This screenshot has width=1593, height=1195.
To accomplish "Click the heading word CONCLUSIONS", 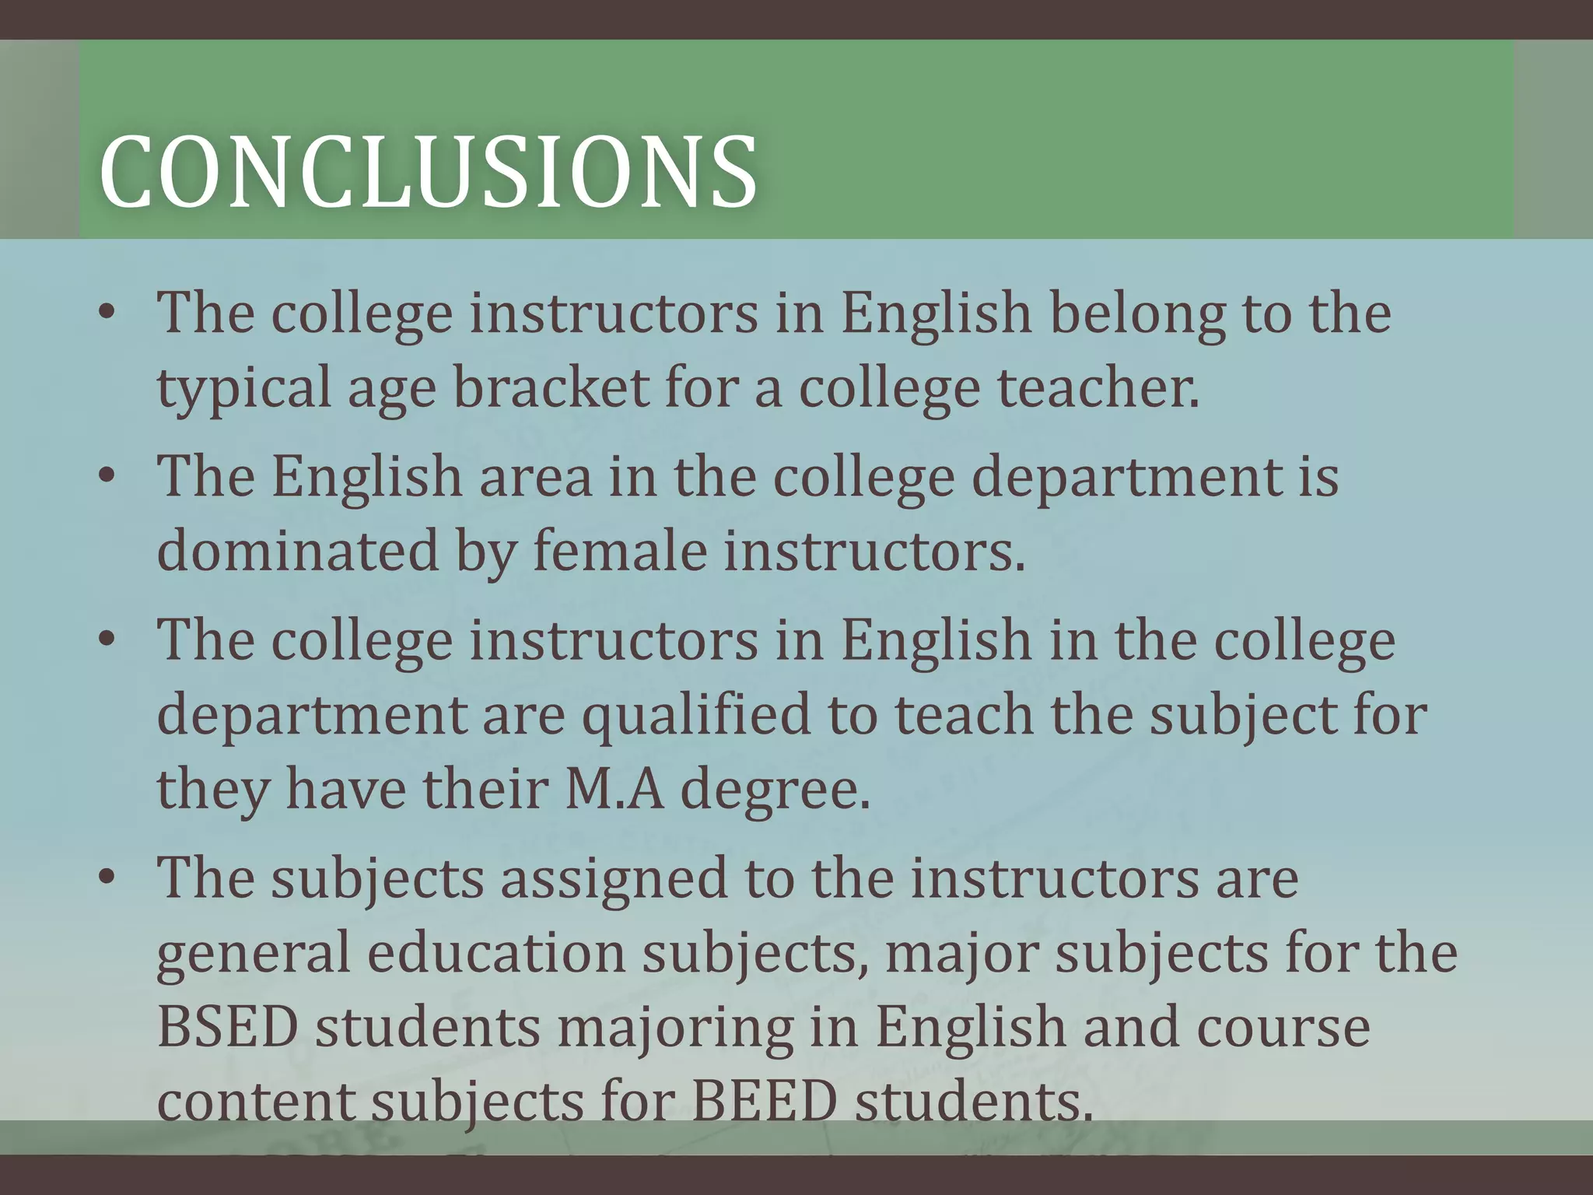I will pyautogui.click(x=428, y=173).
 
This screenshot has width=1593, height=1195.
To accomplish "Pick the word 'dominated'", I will pyautogui.click(x=298, y=551).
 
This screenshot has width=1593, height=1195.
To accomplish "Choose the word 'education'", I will pyautogui.click(x=495, y=952).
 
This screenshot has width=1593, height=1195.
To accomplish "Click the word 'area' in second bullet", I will pyautogui.click(x=535, y=477).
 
